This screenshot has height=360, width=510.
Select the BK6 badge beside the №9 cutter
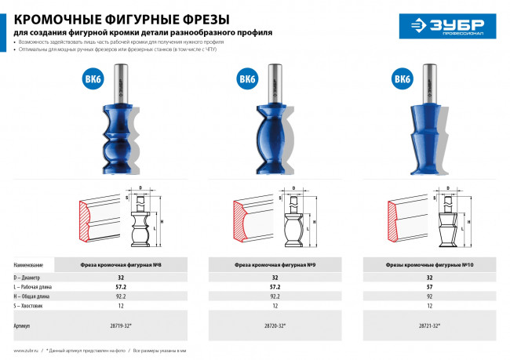247,78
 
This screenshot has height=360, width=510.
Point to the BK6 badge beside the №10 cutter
402,78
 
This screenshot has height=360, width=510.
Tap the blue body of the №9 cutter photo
275,141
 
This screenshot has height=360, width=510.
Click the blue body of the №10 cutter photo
430,141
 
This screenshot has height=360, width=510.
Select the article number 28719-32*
121,324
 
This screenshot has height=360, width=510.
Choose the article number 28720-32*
275,324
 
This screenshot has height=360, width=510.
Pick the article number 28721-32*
429,324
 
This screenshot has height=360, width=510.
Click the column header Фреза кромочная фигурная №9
275,265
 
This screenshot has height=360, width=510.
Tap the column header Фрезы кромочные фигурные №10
429,265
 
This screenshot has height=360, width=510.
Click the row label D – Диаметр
32,278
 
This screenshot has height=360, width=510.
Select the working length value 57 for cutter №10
429,287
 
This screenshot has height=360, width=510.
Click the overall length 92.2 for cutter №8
121,296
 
